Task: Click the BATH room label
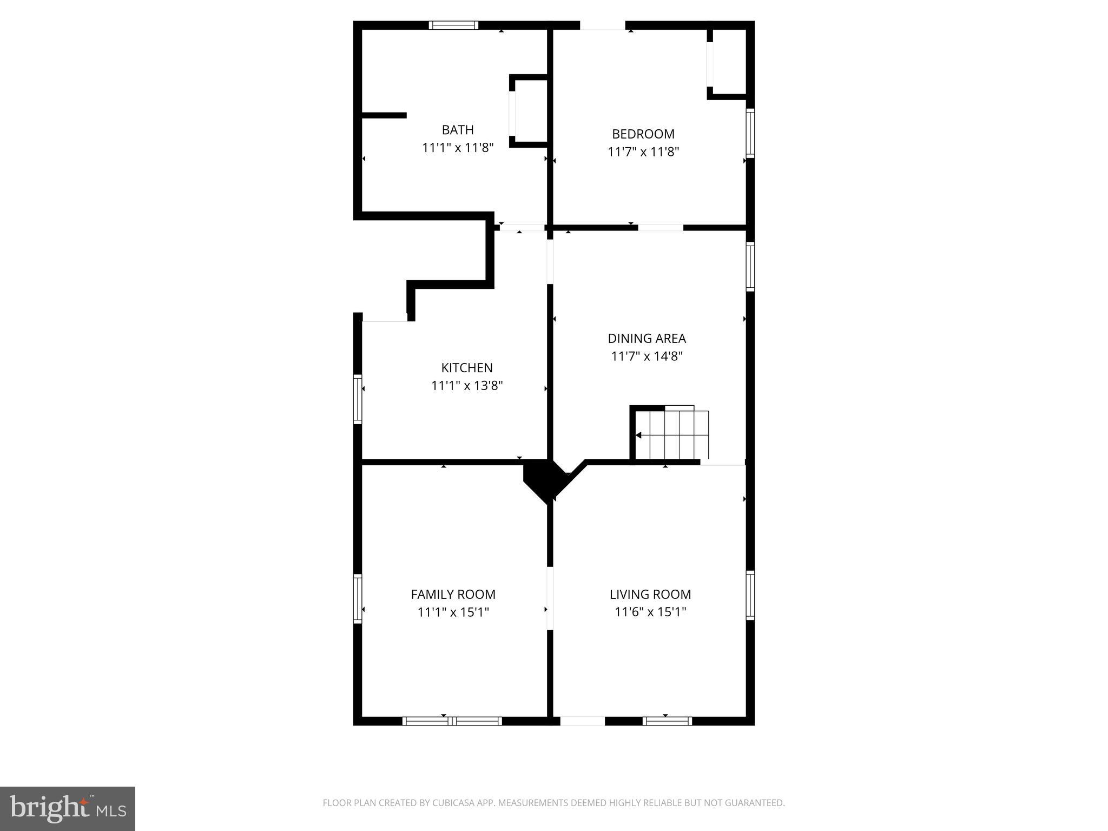(x=458, y=130)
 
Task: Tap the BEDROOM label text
(x=643, y=134)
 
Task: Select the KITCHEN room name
(x=467, y=368)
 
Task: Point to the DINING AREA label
(x=647, y=339)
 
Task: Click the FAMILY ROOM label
(x=453, y=594)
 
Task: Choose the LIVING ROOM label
(x=650, y=594)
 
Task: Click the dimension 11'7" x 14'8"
(x=647, y=357)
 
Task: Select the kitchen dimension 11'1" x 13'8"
(x=467, y=386)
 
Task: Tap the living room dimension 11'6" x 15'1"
(x=650, y=612)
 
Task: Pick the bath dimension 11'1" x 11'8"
(x=458, y=147)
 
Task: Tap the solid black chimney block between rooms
(x=543, y=478)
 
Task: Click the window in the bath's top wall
(x=453, y=25)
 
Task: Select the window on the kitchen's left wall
(x=357, y=399)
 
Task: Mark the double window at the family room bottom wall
(x=452, y=721)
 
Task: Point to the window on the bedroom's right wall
(x=750, y=133)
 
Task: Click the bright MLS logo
(x=68, y=809)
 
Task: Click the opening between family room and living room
(x=550, y=598)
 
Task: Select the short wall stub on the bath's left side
(x=384, y=115)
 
